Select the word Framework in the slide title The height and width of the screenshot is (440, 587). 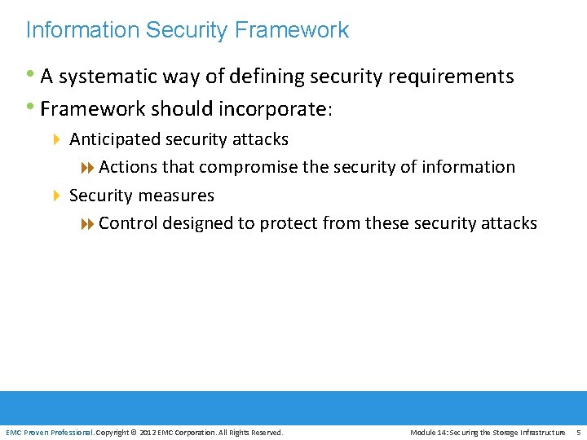(x=291, y=30)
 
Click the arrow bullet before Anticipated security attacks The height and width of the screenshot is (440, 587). (x=57, y=139)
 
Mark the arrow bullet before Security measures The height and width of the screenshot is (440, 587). (x=57, y=196)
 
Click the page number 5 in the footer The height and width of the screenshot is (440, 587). (x=578, y=432)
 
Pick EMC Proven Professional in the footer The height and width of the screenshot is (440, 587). (x=50, y=432)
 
